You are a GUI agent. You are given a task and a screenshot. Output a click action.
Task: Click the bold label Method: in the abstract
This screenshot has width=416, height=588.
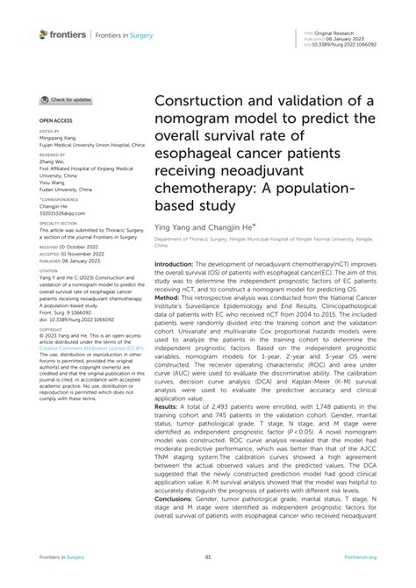pos(171,297)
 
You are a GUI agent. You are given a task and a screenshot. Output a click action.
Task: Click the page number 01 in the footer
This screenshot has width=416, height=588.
pos(208,556)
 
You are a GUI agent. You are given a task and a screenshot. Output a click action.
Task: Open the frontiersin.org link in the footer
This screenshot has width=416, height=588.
pos(361,556)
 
